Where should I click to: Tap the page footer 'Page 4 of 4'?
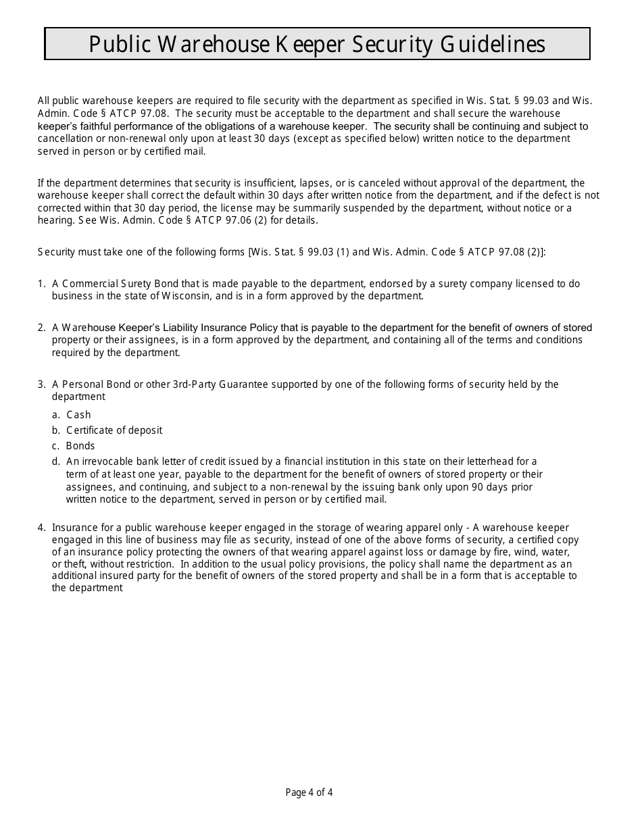pos(309,792)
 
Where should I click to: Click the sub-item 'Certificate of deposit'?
pos(114,430)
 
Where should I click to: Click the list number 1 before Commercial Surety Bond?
pos(41,284)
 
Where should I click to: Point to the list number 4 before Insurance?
pos(41,528)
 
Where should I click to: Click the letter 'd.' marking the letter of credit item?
pos(56,462)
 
